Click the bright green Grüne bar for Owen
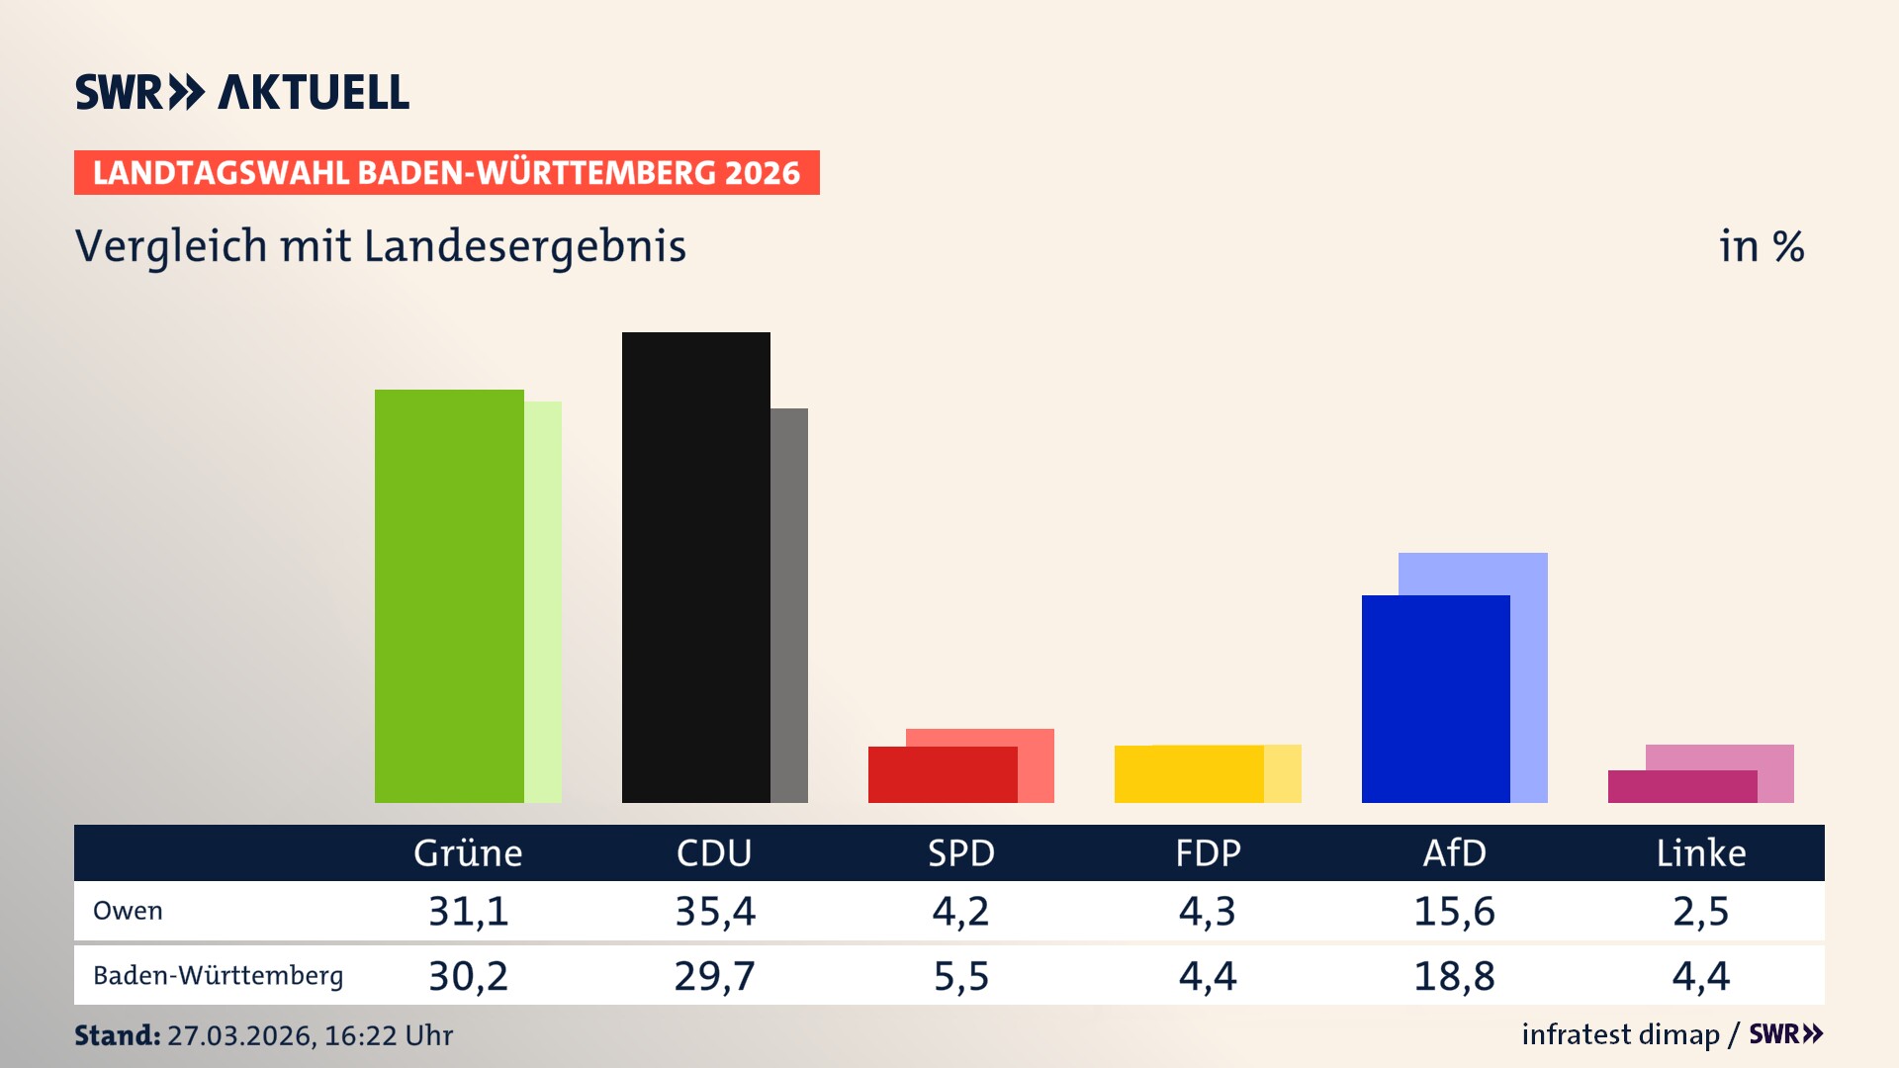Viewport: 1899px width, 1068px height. [449, 595]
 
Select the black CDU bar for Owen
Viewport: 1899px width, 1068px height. [695, 567]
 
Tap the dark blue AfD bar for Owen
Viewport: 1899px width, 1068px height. [1435, 698]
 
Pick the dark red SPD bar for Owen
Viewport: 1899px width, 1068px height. [942, 774]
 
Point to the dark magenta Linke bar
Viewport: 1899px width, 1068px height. [1681, 786]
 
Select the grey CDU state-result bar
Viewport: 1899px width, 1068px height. [789, 604]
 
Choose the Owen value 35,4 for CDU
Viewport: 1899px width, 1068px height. [715, 911]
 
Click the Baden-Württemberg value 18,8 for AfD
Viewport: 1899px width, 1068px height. [1454, 976]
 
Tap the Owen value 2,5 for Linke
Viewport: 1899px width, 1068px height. [1700, 911]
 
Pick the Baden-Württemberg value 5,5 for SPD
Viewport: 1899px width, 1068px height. [961, 976]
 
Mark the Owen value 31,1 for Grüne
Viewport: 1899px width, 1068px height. [468, 911]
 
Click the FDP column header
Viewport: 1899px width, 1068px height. [1208, 852]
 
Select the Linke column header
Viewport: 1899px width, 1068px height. [1700, 852]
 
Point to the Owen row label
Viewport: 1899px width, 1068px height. [128, 911]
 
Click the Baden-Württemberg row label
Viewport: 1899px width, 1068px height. [218, 976]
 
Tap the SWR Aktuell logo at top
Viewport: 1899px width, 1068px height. [242, 92]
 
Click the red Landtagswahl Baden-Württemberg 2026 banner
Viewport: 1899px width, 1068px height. [446, 173]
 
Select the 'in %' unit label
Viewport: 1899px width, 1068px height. [1761, 246]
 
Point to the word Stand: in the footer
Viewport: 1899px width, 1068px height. [117, 1035]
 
